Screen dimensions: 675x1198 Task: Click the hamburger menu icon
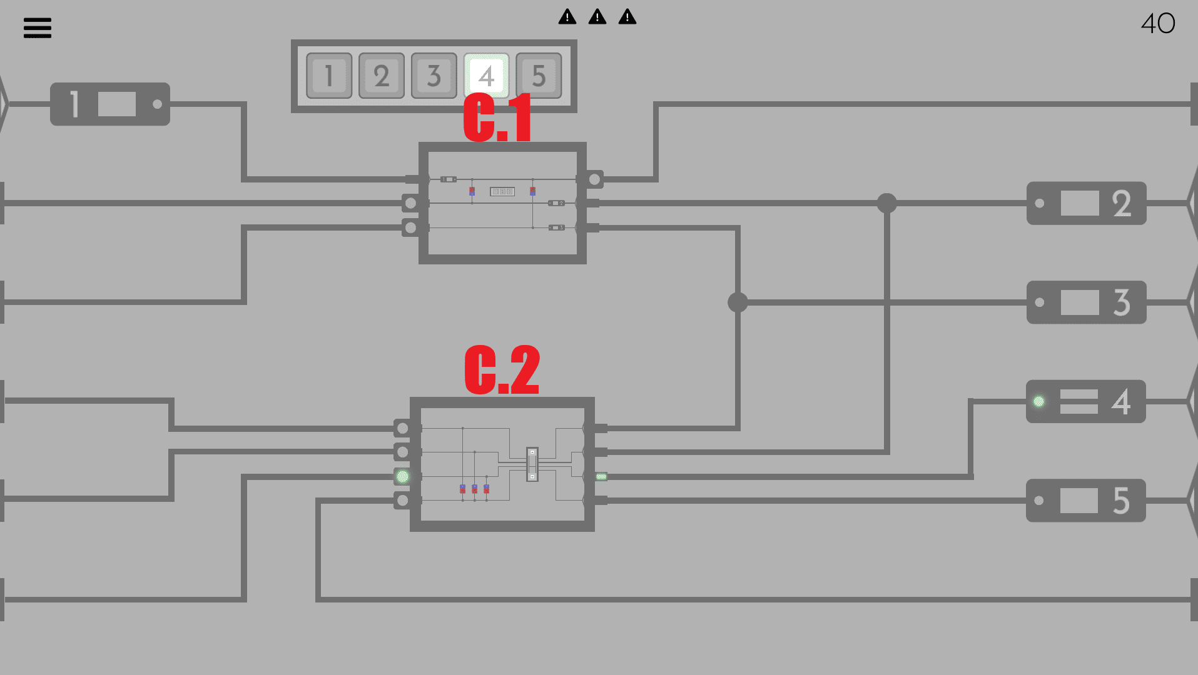38,27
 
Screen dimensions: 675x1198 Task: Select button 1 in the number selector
329,76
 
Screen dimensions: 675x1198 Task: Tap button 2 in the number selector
382,76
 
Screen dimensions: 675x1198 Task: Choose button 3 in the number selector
434,76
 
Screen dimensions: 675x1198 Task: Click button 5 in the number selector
539,76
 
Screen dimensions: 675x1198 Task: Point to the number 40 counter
1158,24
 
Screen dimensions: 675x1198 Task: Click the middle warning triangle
597,17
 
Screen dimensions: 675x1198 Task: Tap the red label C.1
498,117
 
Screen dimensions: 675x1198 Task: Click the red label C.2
502,370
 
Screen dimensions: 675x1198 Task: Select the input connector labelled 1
110,104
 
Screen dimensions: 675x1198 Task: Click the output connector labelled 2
1086,203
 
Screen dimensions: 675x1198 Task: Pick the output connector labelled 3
1086,302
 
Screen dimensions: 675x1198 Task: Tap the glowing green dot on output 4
1038,401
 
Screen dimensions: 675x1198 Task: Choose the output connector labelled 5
1086,501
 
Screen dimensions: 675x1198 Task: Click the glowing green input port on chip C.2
403,477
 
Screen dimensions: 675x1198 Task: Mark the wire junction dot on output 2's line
886,203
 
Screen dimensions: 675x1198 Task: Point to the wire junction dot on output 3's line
738,302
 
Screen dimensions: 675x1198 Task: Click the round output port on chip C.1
594,179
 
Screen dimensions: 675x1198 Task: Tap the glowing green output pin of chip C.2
601,477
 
